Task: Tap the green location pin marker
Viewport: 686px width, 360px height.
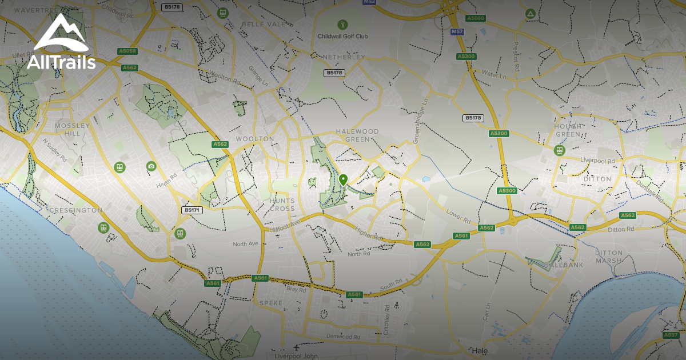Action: pos(343,180)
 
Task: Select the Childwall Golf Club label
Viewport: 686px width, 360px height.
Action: pos(343,37)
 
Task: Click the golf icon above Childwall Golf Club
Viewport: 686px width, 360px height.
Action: pos(342,25)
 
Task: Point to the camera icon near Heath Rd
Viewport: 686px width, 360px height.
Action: pos(151,166)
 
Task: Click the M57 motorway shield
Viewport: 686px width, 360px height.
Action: pos(457,31)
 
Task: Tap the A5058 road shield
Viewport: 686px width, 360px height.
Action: pos(127,51)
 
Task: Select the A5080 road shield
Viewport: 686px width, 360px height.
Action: pos(476,18)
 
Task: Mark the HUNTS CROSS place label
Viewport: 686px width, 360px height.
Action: pos(283,205)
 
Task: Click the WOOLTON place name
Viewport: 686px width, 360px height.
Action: pos(256,139)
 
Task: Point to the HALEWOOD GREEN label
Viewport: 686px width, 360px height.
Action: pos(357,135)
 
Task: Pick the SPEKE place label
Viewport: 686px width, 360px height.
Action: pos(271,302)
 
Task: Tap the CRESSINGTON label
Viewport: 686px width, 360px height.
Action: pos(76,210)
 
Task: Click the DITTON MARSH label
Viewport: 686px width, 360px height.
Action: pos(608,257)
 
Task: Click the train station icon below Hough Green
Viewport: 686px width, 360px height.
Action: pos(559,150)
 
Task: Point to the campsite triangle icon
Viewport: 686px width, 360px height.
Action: pos(530,13)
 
